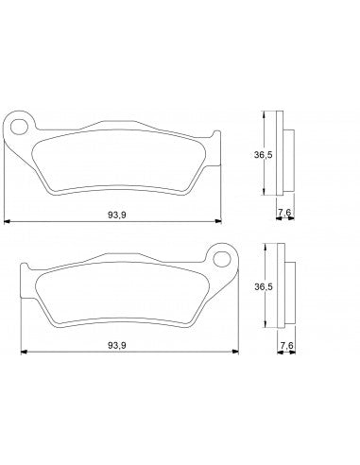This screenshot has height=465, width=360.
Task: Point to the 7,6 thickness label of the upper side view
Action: click(x=283, y=215)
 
